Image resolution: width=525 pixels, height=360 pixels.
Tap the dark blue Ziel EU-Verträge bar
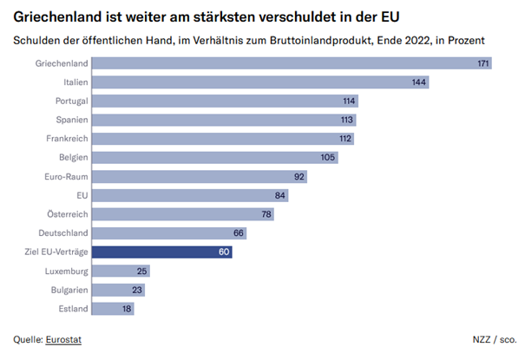tap(161, 252)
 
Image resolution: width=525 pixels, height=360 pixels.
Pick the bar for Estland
tap(113, 309)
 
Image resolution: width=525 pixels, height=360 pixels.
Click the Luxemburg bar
tap(121, 272)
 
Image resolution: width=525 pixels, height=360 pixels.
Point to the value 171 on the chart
tap(484, 63)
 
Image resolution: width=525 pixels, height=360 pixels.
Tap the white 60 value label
tap(224, 252)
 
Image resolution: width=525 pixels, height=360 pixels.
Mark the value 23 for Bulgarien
tap(137, 291)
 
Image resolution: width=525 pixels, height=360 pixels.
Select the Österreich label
tap(65, 214)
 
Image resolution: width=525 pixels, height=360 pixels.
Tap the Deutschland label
tap(61, 233)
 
